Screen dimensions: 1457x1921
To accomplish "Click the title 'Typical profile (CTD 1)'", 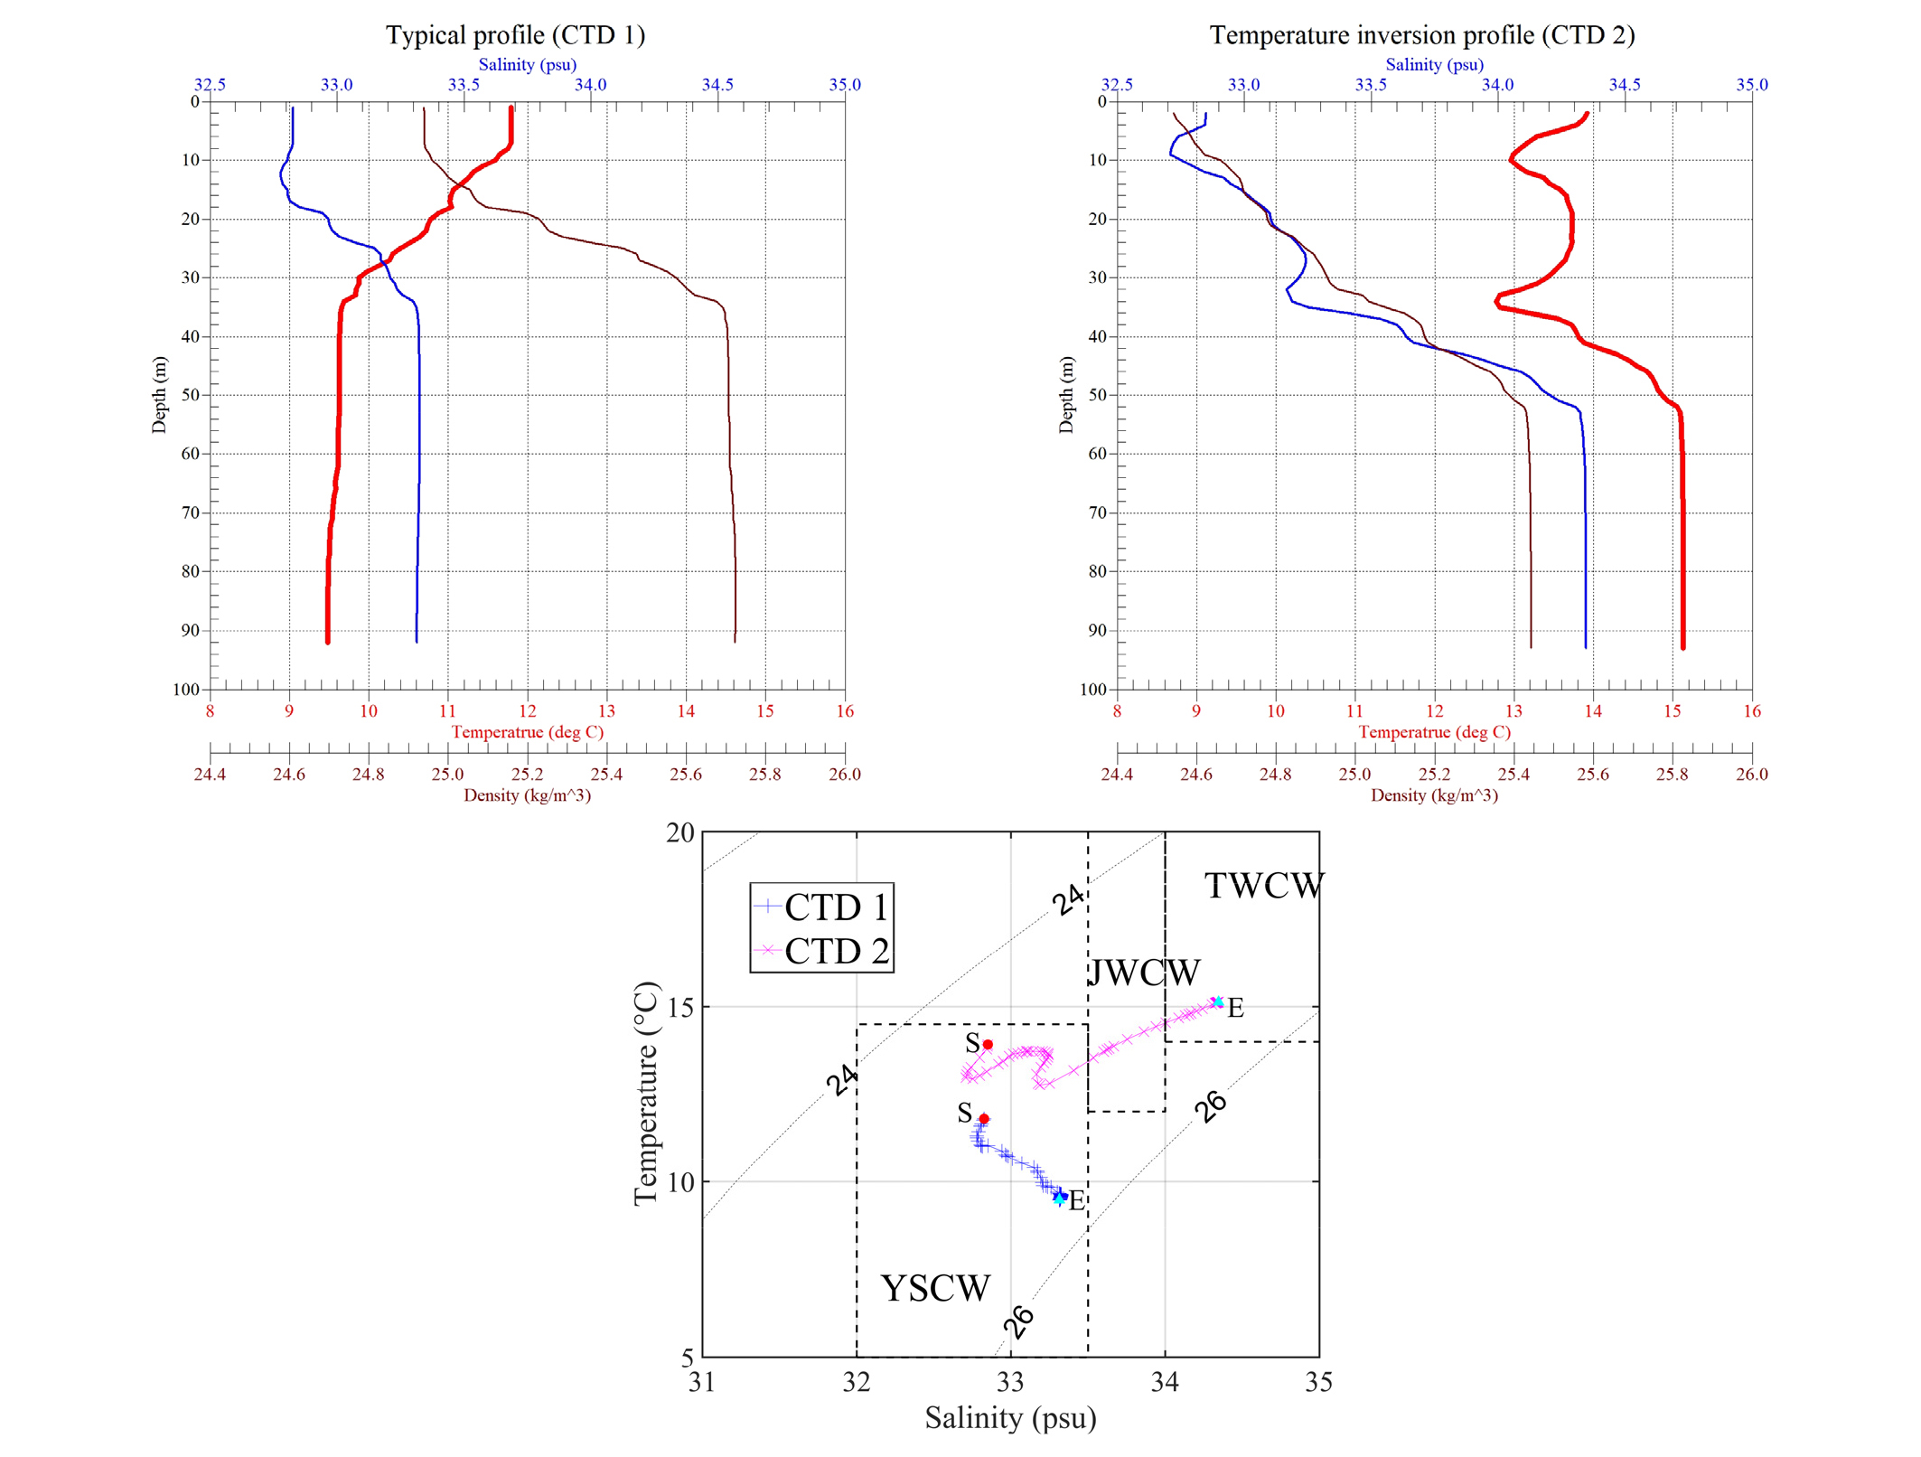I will (x=515, y=35).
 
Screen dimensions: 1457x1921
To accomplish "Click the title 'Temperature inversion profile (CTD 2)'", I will (x=1422, y=35).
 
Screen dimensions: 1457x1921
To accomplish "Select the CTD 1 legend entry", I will (x=821, y=907).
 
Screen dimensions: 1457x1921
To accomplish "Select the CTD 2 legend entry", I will (x=821, y=951).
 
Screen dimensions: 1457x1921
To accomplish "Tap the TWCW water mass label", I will (x=1264, y=886).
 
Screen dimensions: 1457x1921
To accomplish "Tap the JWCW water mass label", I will (x=1144, y=973).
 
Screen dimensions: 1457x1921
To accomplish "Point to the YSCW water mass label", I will (x=935, y=1288).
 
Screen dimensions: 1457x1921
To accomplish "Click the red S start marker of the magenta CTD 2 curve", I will (x=988, y=1044).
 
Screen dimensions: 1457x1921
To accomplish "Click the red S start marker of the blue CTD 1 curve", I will (x=984, y=1118).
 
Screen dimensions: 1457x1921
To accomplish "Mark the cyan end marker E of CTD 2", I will (x=1218, y=1001).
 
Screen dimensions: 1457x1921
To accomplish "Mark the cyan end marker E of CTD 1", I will (x=1059, y=1198).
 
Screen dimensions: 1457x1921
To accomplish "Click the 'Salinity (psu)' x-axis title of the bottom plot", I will (x=1010, y=1417).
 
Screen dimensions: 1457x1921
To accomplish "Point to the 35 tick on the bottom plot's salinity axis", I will (x=1318, y=1382).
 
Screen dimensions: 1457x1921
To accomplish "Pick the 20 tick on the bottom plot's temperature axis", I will (x=680, y=832).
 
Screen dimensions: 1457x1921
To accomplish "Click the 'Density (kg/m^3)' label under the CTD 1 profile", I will (x=527, y=795).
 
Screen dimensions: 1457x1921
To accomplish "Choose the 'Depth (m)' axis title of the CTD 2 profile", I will (x=1066, y=395).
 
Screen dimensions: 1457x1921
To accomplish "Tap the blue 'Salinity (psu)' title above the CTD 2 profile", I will (x=1434, y=64).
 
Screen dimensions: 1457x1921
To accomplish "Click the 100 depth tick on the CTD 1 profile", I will (x=186, y=689).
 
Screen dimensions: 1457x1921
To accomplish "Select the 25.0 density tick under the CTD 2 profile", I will (x=1354, y=774).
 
